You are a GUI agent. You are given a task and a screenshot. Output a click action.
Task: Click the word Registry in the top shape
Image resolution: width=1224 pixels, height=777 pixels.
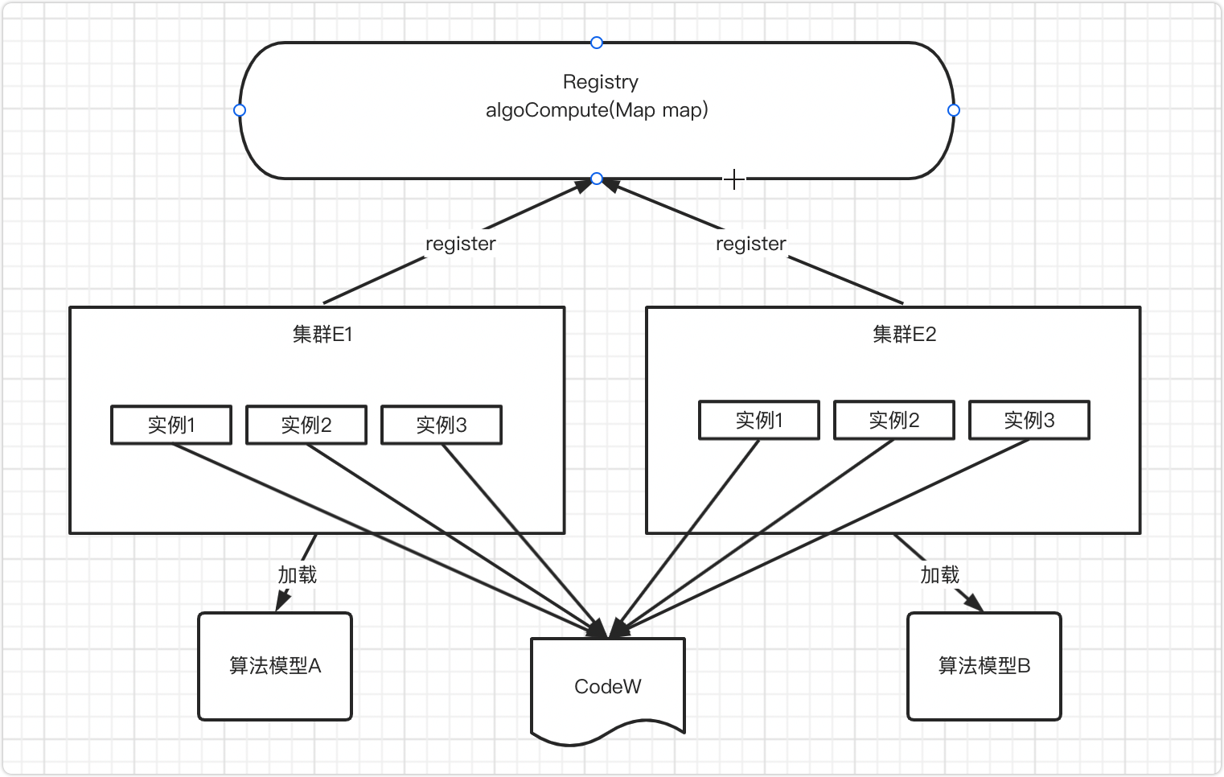click(x=601, y=82)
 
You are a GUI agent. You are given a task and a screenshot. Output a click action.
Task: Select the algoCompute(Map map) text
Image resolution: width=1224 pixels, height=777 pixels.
click(x=597, y=110)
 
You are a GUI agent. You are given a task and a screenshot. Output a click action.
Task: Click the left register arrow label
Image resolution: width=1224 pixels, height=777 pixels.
click(x=461, y=243)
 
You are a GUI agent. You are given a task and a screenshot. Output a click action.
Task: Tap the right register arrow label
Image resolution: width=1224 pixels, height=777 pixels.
click(x=751, y=243)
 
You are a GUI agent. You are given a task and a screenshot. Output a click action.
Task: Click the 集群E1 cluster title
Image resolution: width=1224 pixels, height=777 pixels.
click(x=322, y=334)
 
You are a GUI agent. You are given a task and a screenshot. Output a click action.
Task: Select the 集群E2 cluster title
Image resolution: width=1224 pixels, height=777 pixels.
click(x=905, y=334)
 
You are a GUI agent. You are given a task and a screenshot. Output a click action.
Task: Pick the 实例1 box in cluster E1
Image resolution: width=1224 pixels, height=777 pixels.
click(x=171, y=425)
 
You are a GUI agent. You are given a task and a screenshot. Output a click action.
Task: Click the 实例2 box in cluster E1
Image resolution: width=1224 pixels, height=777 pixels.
click(x=306, y=425)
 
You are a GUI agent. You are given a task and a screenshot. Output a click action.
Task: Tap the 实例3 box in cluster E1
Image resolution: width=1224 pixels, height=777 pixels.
click(x=442, y=425)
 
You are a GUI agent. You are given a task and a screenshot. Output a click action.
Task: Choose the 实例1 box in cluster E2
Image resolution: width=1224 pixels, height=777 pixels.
click(x=759, y=420)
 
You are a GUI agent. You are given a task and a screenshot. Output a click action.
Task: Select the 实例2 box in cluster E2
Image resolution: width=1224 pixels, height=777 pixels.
click(x=894, y=420)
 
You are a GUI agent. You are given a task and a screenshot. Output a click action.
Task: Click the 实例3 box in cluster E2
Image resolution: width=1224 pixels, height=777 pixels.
click(x=1029, y=420)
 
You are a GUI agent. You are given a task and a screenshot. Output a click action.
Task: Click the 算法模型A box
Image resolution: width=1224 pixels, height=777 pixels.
click(x=275, y=666)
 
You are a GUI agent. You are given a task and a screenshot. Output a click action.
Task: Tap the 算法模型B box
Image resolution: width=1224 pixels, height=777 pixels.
click(x=984, y=666)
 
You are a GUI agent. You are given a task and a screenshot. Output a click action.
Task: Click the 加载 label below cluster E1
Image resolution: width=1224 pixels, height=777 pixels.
click(x=298, y=575)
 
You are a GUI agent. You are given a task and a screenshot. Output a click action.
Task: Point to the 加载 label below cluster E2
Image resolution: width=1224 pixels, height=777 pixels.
click(x=940, y=575)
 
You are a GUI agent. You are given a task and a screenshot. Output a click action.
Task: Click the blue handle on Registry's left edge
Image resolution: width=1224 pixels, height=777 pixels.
click(x=240, y=110)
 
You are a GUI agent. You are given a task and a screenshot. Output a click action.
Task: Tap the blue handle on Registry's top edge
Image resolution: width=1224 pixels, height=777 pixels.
click(x=597, y=43)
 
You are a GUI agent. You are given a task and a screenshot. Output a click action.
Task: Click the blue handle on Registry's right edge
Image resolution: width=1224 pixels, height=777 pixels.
click(x=954, y=110)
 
